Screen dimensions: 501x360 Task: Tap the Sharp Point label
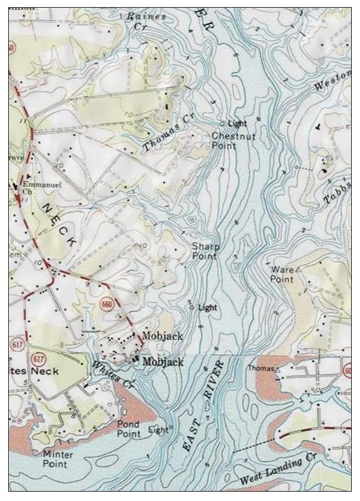coord(205,251)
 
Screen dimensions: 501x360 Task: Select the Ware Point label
coord(283,274)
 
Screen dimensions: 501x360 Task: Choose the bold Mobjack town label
coord(163,362)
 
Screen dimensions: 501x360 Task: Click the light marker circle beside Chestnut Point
coord(222,124)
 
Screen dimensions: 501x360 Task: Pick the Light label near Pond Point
coord(158,431)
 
